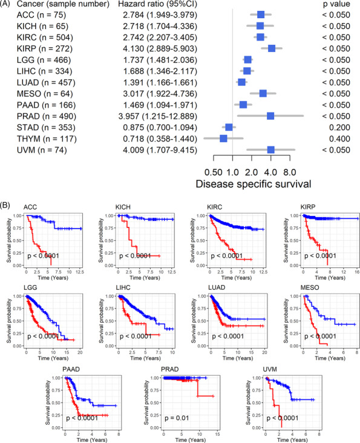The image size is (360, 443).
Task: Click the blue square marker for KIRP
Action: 272,48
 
